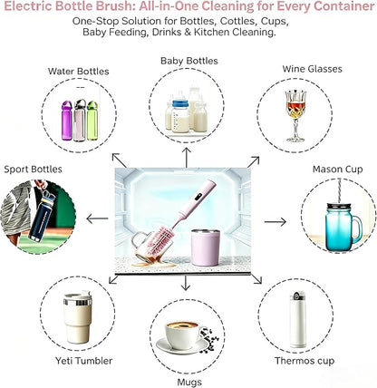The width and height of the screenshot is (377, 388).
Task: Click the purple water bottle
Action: [x=67, y=121]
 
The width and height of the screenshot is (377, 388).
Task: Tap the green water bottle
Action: [x=92, y=121]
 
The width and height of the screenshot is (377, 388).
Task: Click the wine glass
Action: [x=295, y=116]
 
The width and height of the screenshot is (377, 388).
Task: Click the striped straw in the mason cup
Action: [x=340, y=191]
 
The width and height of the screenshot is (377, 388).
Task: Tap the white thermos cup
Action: [x=298, y=320]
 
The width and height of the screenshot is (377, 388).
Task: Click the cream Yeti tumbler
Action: [x=77, y=318]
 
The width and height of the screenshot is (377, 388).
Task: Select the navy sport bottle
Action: [x=43, y=215]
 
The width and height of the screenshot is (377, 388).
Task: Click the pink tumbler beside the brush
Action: [x=206, y=247]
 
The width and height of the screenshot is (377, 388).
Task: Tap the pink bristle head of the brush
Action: [x=161, y=238]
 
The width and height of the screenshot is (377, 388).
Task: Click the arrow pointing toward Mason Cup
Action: [x=275, y=222]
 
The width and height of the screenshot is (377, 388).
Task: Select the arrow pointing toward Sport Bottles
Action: [x=97, y=218]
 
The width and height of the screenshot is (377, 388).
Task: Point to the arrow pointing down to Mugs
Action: [x=186, y=283]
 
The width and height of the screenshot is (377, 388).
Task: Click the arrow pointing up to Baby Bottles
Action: [x=187, y=157]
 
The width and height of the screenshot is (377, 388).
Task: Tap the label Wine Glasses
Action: [x=313, y=69]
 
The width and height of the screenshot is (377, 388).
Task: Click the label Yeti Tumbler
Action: [x=84, y=361]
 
